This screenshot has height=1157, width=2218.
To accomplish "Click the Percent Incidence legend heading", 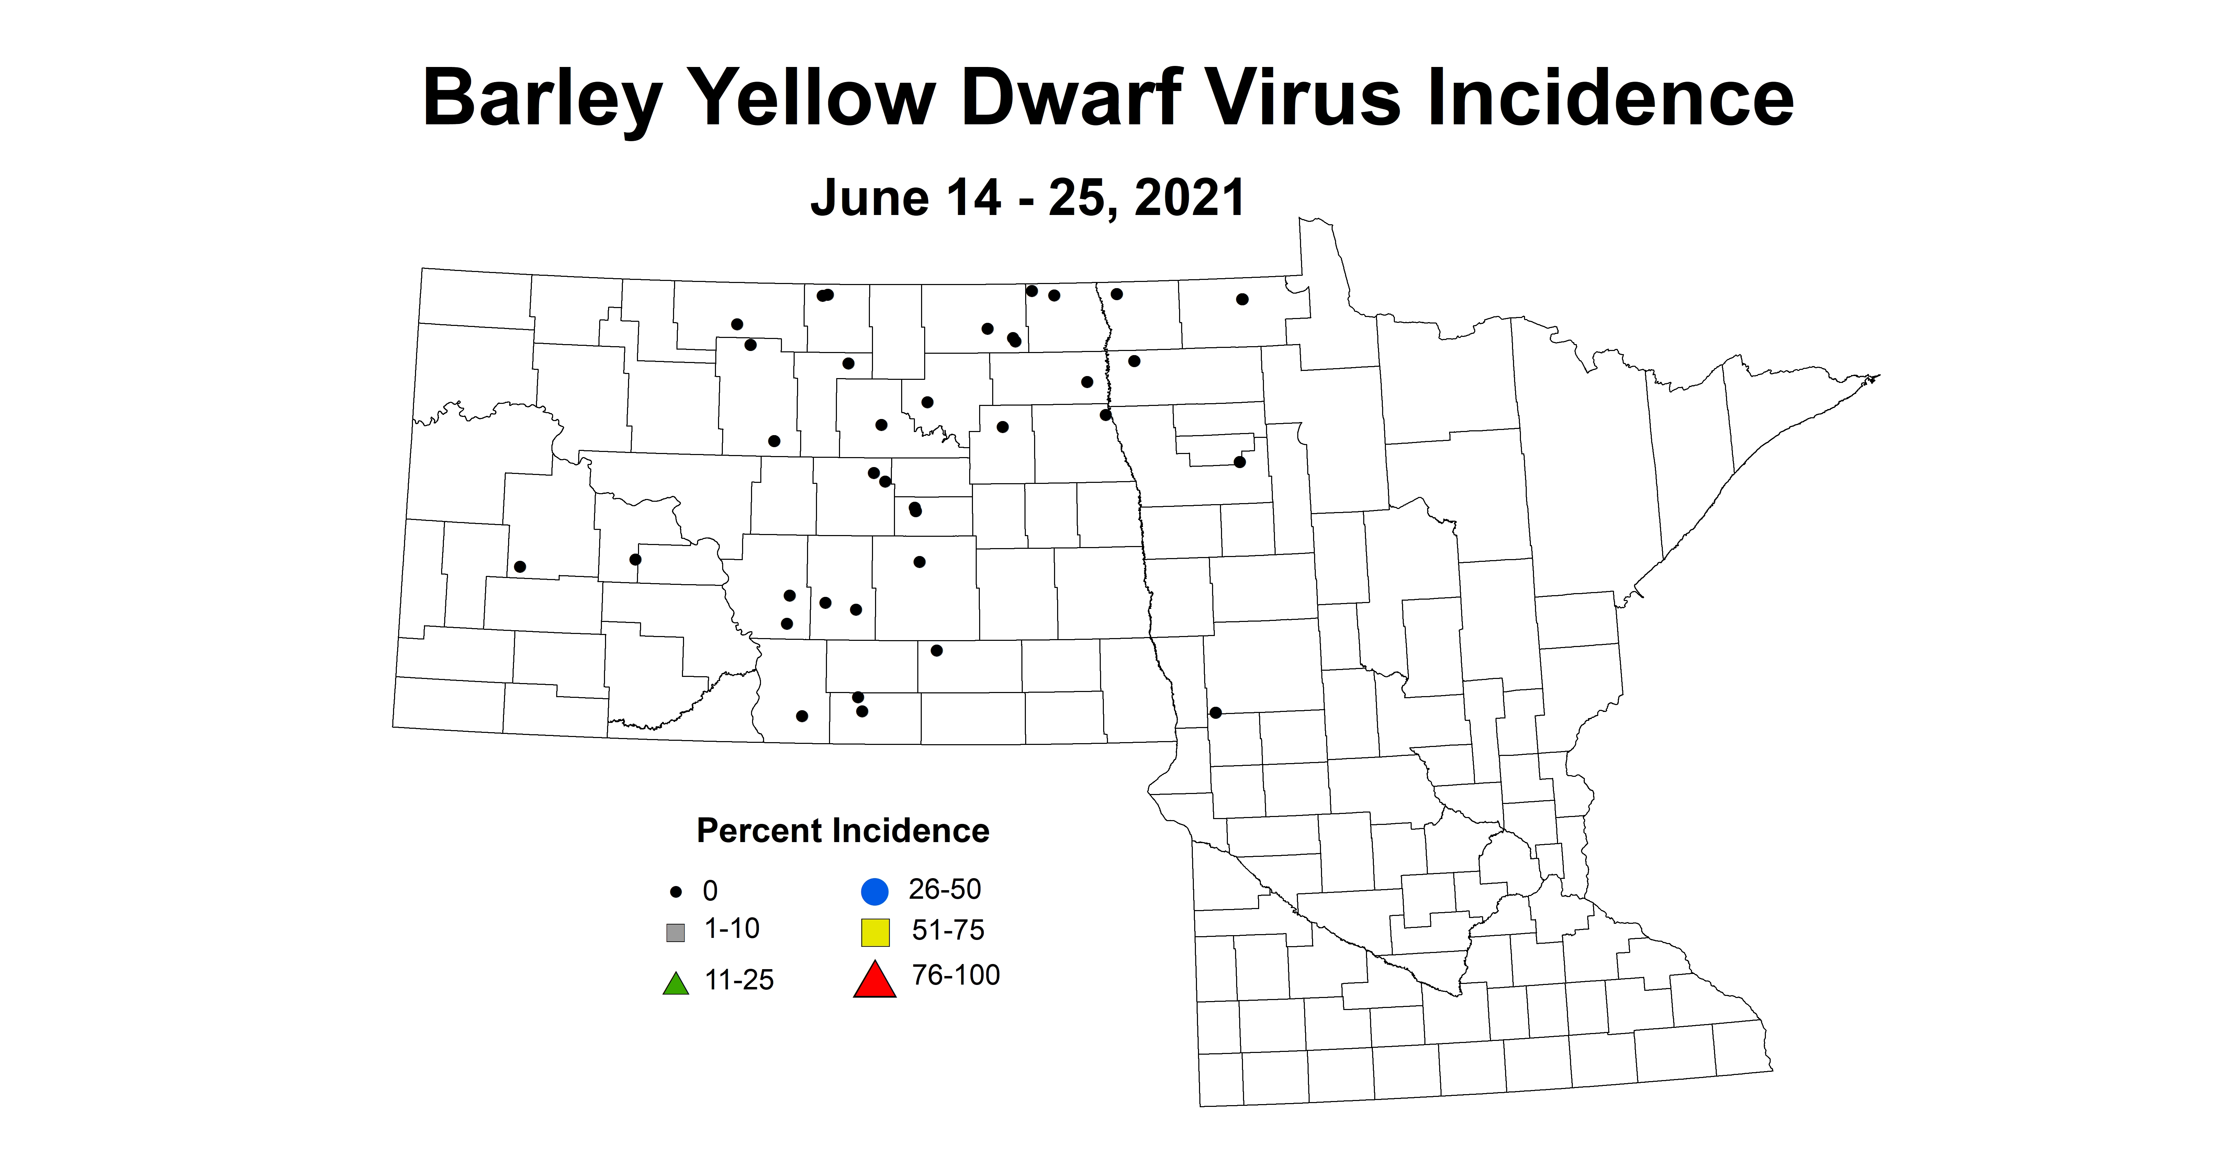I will [x=842, y=831].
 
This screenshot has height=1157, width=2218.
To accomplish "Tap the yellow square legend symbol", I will [x=875, y=932].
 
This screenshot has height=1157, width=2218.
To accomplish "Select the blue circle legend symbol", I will [x=875, y=891].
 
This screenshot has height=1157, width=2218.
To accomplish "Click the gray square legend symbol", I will [x=676, y=932].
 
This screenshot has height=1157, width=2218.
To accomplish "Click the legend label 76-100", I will [x=956, y=975].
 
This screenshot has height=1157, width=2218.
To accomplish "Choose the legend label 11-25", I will [x=739, y=980].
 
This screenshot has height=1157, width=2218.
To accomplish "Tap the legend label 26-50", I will [x=944, y=889].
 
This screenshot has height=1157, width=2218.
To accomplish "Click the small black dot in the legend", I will [x=676, y=892].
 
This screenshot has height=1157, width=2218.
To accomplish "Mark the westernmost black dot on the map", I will [x=520, y=566].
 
